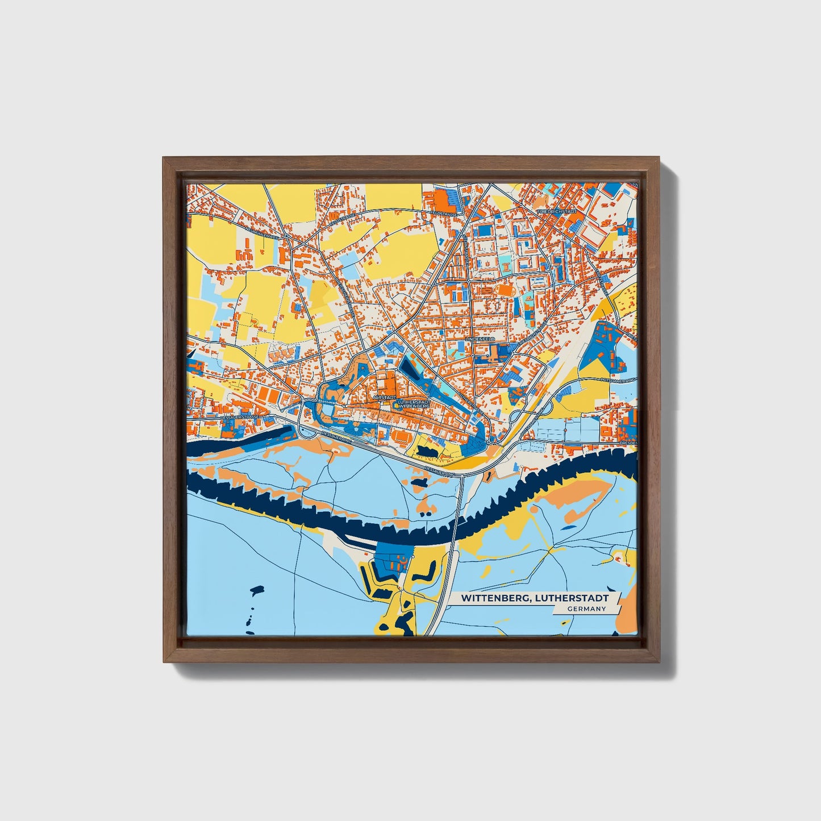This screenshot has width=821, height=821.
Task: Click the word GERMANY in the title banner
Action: coord(586,609)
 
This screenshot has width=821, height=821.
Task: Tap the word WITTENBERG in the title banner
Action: coord(492,598)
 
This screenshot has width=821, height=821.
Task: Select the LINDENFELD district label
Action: coord(480,339)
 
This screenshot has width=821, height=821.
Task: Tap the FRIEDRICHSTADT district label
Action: coord(556,211)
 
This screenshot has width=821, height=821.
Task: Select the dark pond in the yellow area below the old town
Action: coord(427,451)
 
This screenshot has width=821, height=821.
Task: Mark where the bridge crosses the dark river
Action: coord(458,520)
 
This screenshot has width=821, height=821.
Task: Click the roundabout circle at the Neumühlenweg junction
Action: coord(287,236)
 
